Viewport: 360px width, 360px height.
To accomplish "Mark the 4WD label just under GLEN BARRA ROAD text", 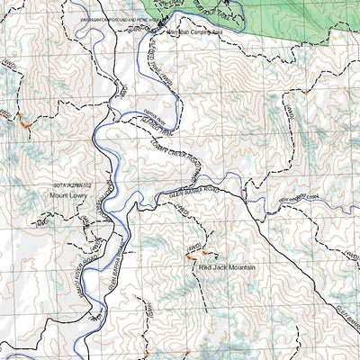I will click(x=184, y=208).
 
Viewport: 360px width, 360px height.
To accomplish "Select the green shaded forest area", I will click(x=297, y=18).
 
